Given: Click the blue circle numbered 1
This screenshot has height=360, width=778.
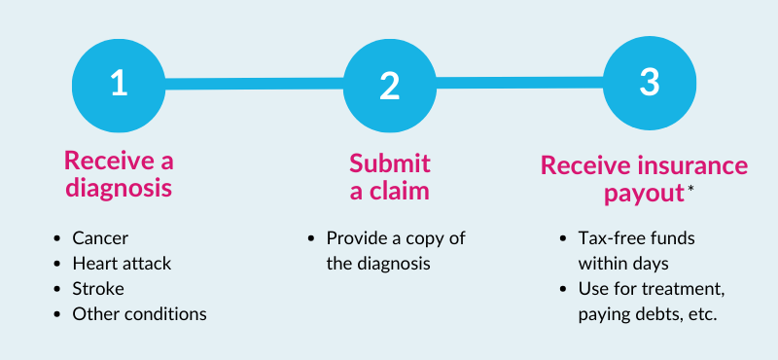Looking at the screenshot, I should tap(119, 85).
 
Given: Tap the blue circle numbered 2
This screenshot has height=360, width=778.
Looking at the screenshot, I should tap(390, 85).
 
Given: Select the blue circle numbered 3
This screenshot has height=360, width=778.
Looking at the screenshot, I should tap(650, 84).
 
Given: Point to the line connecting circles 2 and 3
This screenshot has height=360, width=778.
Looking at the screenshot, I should tap(520, 84).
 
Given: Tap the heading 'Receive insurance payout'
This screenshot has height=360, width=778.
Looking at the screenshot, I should tap(644, 179).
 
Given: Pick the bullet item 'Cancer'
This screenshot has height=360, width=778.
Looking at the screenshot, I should tap(99, 238).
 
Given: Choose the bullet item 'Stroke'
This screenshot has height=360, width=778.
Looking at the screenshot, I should tap(98, 289).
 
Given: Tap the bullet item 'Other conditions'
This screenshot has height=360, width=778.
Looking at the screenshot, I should tap(139, 314).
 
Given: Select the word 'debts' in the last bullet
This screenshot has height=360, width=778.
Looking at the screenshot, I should tap(664, 314).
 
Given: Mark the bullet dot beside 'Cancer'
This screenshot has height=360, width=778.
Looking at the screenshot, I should tap(60, 238).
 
